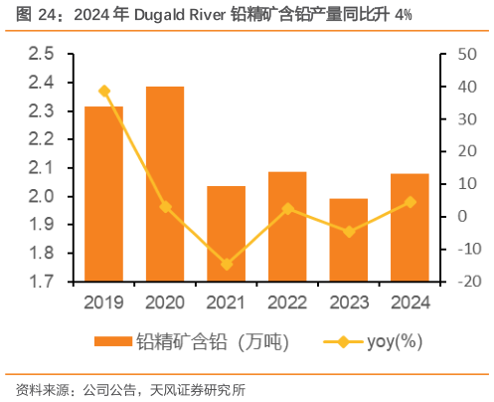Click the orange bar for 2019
pos(103,194)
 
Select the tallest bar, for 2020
pos(165,184)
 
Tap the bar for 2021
pos(226,234)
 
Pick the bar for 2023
pos(348,240)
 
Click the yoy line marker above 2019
pos(103,91)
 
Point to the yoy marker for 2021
pos(226,265)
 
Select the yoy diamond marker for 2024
pos(410,202)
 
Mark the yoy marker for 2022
pos(287,209)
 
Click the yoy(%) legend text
pos(396,341)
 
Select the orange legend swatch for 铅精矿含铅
pos(112,341)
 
